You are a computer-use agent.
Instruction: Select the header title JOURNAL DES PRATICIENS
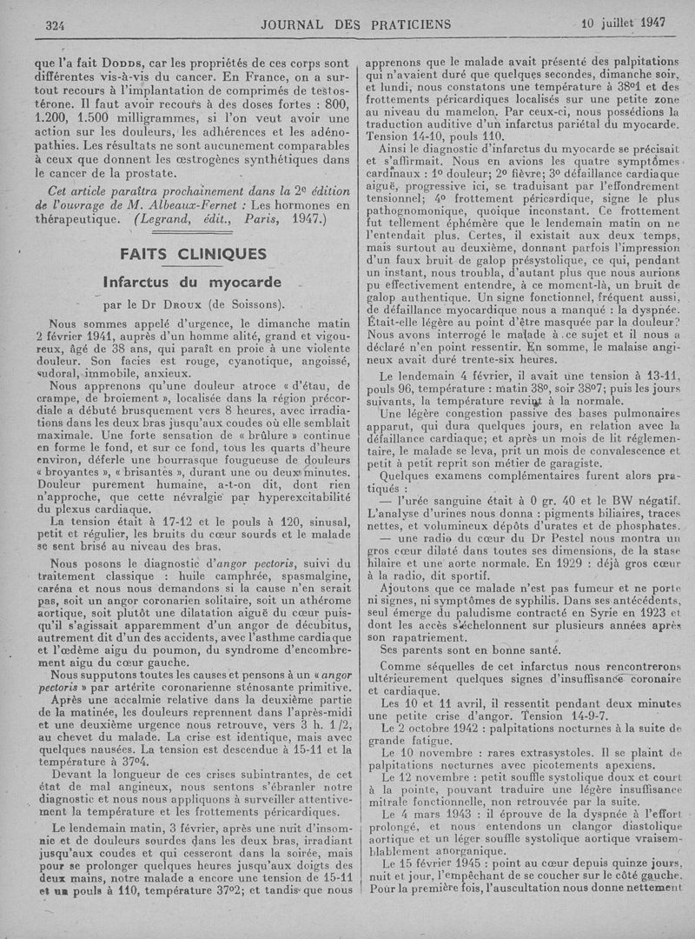[x=355, y=24]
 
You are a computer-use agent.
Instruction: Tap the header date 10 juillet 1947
[x=623, y=23]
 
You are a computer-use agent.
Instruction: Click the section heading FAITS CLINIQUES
[x=195, y=254]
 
